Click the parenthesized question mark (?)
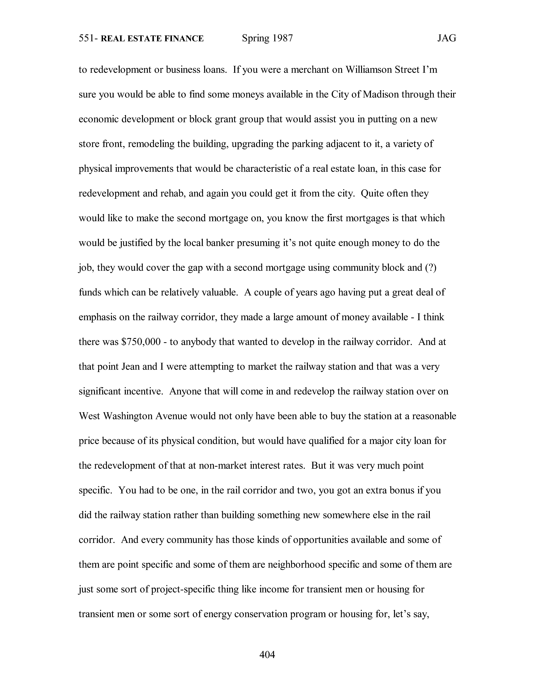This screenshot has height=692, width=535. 431,268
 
